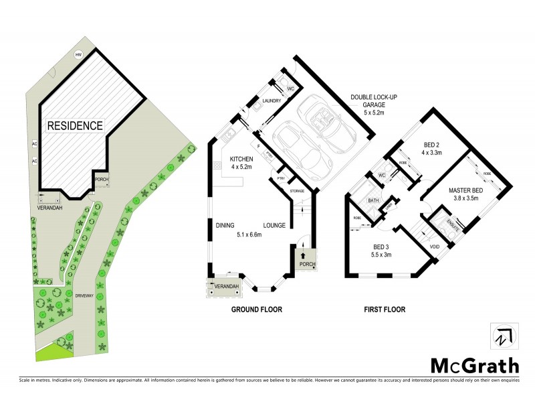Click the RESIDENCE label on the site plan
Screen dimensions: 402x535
point(74,125)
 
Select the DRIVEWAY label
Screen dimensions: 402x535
point(84,295)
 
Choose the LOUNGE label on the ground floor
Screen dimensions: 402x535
point(276,226)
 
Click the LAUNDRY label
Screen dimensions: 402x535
point(271,101)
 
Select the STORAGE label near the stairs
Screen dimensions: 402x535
point(296,192)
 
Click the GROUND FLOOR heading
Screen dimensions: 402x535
point(256,310)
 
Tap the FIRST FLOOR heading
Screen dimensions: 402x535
point(385,310)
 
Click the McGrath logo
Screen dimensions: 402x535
point(474,365)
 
